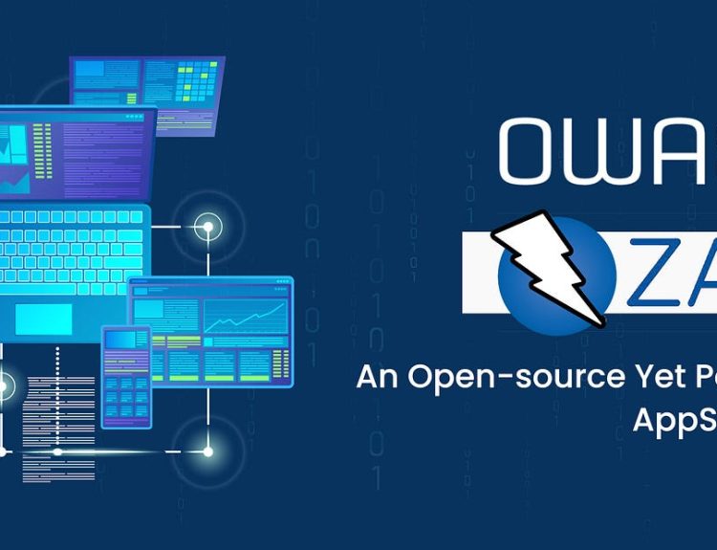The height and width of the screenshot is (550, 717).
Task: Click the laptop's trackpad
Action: click(x=43, y=319)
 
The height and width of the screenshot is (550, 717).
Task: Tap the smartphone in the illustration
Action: click(x=125, y=376)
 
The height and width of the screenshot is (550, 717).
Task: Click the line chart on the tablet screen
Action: click(x=245, y=315)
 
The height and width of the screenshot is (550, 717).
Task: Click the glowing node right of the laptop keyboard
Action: click(x=206, y=228)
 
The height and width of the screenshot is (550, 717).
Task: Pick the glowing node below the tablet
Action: click(x=206, y=451)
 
